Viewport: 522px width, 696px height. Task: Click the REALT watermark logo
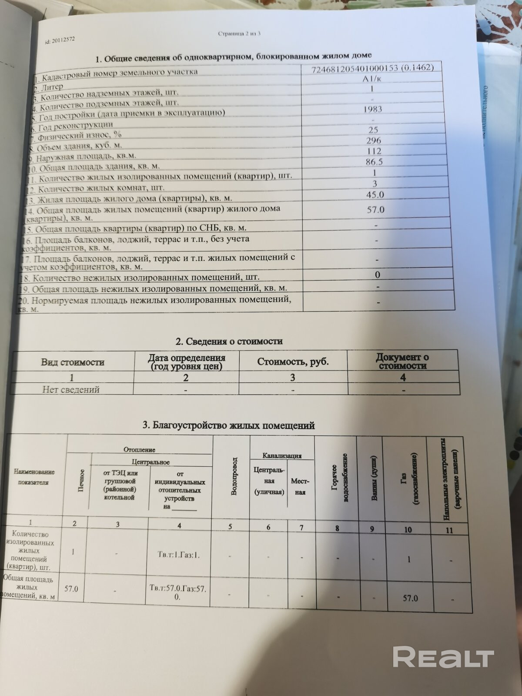[x=443, y=657]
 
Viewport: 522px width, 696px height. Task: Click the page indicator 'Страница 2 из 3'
[x=240, y=34]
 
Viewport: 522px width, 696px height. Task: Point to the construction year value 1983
[x=372, y=109]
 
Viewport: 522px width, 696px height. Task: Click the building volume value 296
[x=373, y=141]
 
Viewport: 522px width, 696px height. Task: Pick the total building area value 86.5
[x=374, y=162]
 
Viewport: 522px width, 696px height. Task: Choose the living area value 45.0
[x=375, y=194]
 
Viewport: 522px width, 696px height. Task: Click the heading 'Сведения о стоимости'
[x=229, y=341]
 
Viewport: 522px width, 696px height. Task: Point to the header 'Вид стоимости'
[x=73, y=362]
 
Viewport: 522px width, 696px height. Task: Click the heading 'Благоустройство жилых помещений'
[x=228, y=425]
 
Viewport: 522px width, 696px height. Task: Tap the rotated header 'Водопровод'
[x=234, y=476]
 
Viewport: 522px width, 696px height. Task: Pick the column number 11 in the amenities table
[x=449, y=530]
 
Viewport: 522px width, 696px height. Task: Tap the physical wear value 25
[x=373, y=130]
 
